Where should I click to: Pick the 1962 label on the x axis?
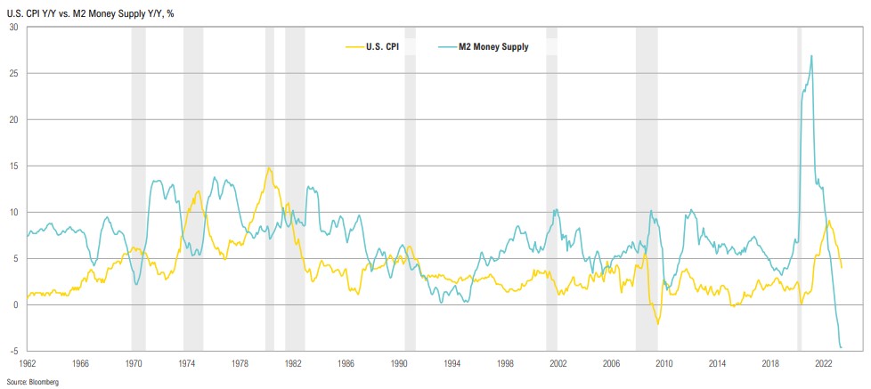28,364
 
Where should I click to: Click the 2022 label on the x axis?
823,364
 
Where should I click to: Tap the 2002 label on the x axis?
558,364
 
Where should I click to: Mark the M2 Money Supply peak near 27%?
811,56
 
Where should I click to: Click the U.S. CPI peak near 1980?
269,167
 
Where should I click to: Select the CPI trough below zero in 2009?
657,323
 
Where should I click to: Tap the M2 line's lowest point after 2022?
842,347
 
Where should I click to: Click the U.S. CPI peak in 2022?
829,221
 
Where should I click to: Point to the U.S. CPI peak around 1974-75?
197,191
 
